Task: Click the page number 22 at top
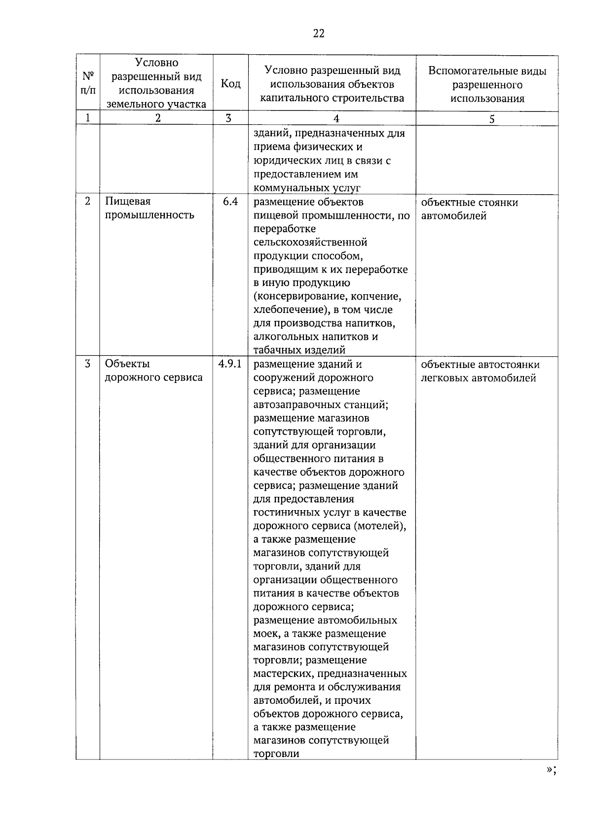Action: [319, 34]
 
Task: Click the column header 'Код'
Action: [230, 84]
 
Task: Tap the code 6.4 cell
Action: [230, 202]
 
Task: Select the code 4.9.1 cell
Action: [230, 364]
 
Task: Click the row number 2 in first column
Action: [88, 202]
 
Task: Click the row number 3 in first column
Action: [88, 364]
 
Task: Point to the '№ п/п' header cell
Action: [88, 84]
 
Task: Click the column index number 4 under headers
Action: [336, 119]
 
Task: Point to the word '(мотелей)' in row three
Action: [382, 526]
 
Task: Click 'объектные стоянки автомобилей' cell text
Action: [469, 209]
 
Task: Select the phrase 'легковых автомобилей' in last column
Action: [479, 379]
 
